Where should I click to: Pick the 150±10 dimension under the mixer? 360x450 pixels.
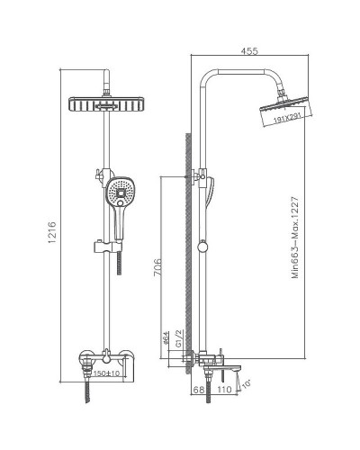(109, 373)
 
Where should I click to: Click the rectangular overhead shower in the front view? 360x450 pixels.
(107, 105)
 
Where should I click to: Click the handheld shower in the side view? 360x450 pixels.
(212, 192)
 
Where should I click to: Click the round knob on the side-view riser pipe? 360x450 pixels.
(203, 244)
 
